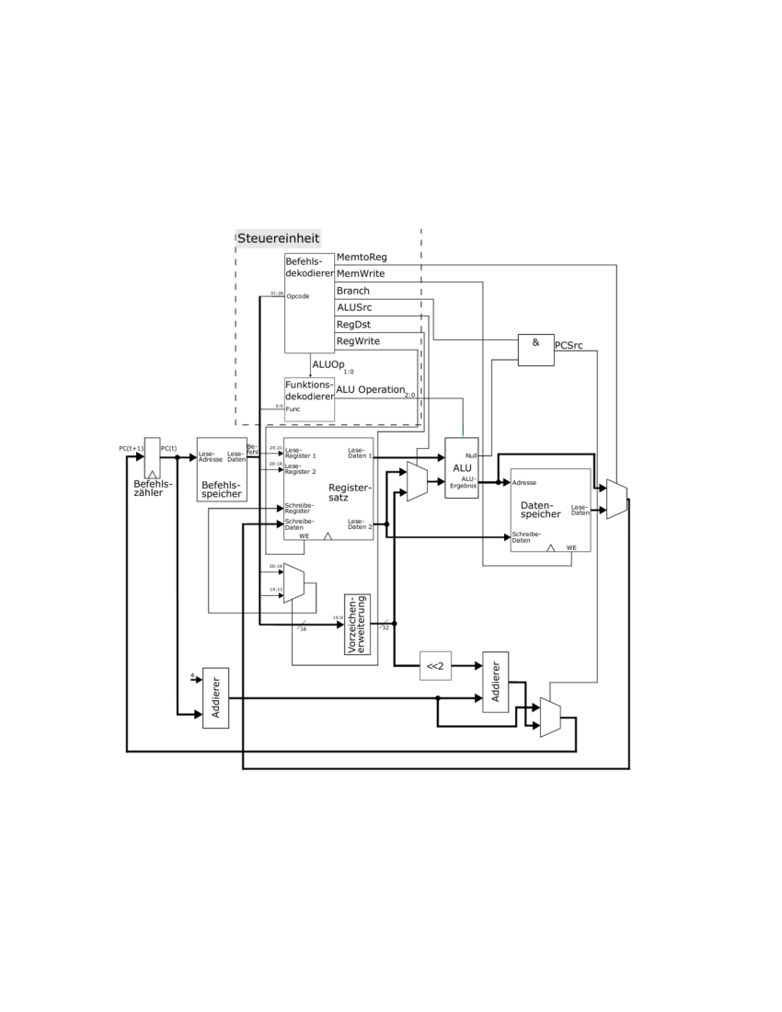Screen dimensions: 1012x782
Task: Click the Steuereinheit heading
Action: point(279,238)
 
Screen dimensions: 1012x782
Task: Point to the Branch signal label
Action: point(353,291)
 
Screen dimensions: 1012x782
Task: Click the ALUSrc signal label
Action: point(354,307)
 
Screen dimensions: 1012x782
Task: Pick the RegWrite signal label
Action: point(358,340)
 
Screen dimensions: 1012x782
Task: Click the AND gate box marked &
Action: point(535,350)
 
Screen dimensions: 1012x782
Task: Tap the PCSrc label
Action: point(569,345)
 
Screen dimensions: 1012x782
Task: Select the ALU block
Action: point(461,468)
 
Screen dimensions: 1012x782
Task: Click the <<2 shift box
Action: point(435,665)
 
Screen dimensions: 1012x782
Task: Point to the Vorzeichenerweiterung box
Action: point(357,626)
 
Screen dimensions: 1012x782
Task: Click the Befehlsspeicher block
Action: point(222,469)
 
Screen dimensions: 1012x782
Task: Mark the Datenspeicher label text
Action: point(540,510)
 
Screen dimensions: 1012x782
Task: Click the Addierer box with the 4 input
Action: point(215,697)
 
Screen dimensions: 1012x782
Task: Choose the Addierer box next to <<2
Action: point(495,682)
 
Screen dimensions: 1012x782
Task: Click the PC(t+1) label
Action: point(130,448)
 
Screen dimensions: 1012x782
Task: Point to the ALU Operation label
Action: point(370,389)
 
